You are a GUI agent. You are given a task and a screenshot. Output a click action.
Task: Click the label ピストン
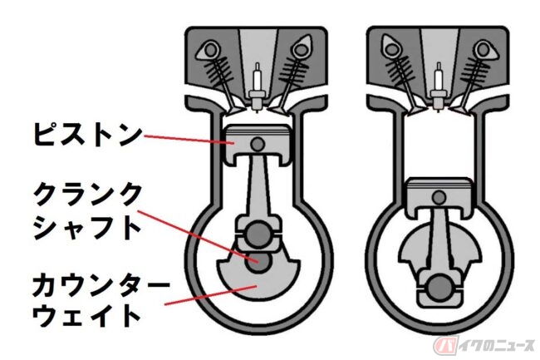coord(88,135)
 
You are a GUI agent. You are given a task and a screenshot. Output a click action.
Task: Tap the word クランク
coord(88,195)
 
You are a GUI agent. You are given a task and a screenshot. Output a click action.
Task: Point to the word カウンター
coord(101,284)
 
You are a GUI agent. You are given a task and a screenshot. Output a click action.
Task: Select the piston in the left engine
coord(257,145)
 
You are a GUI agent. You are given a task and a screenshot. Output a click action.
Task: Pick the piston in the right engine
coord(439,197)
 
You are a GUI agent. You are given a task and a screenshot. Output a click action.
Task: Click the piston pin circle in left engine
coord(258,144)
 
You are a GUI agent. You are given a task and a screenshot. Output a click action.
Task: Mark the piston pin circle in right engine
coord(439,197)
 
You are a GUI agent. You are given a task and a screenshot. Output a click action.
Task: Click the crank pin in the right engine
coord(439,287)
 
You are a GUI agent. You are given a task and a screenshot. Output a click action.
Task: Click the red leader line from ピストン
coord(189,140)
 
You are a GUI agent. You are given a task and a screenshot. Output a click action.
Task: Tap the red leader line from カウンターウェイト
coord(211,295)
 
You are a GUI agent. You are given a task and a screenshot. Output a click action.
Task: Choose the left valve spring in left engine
coord(216,73)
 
